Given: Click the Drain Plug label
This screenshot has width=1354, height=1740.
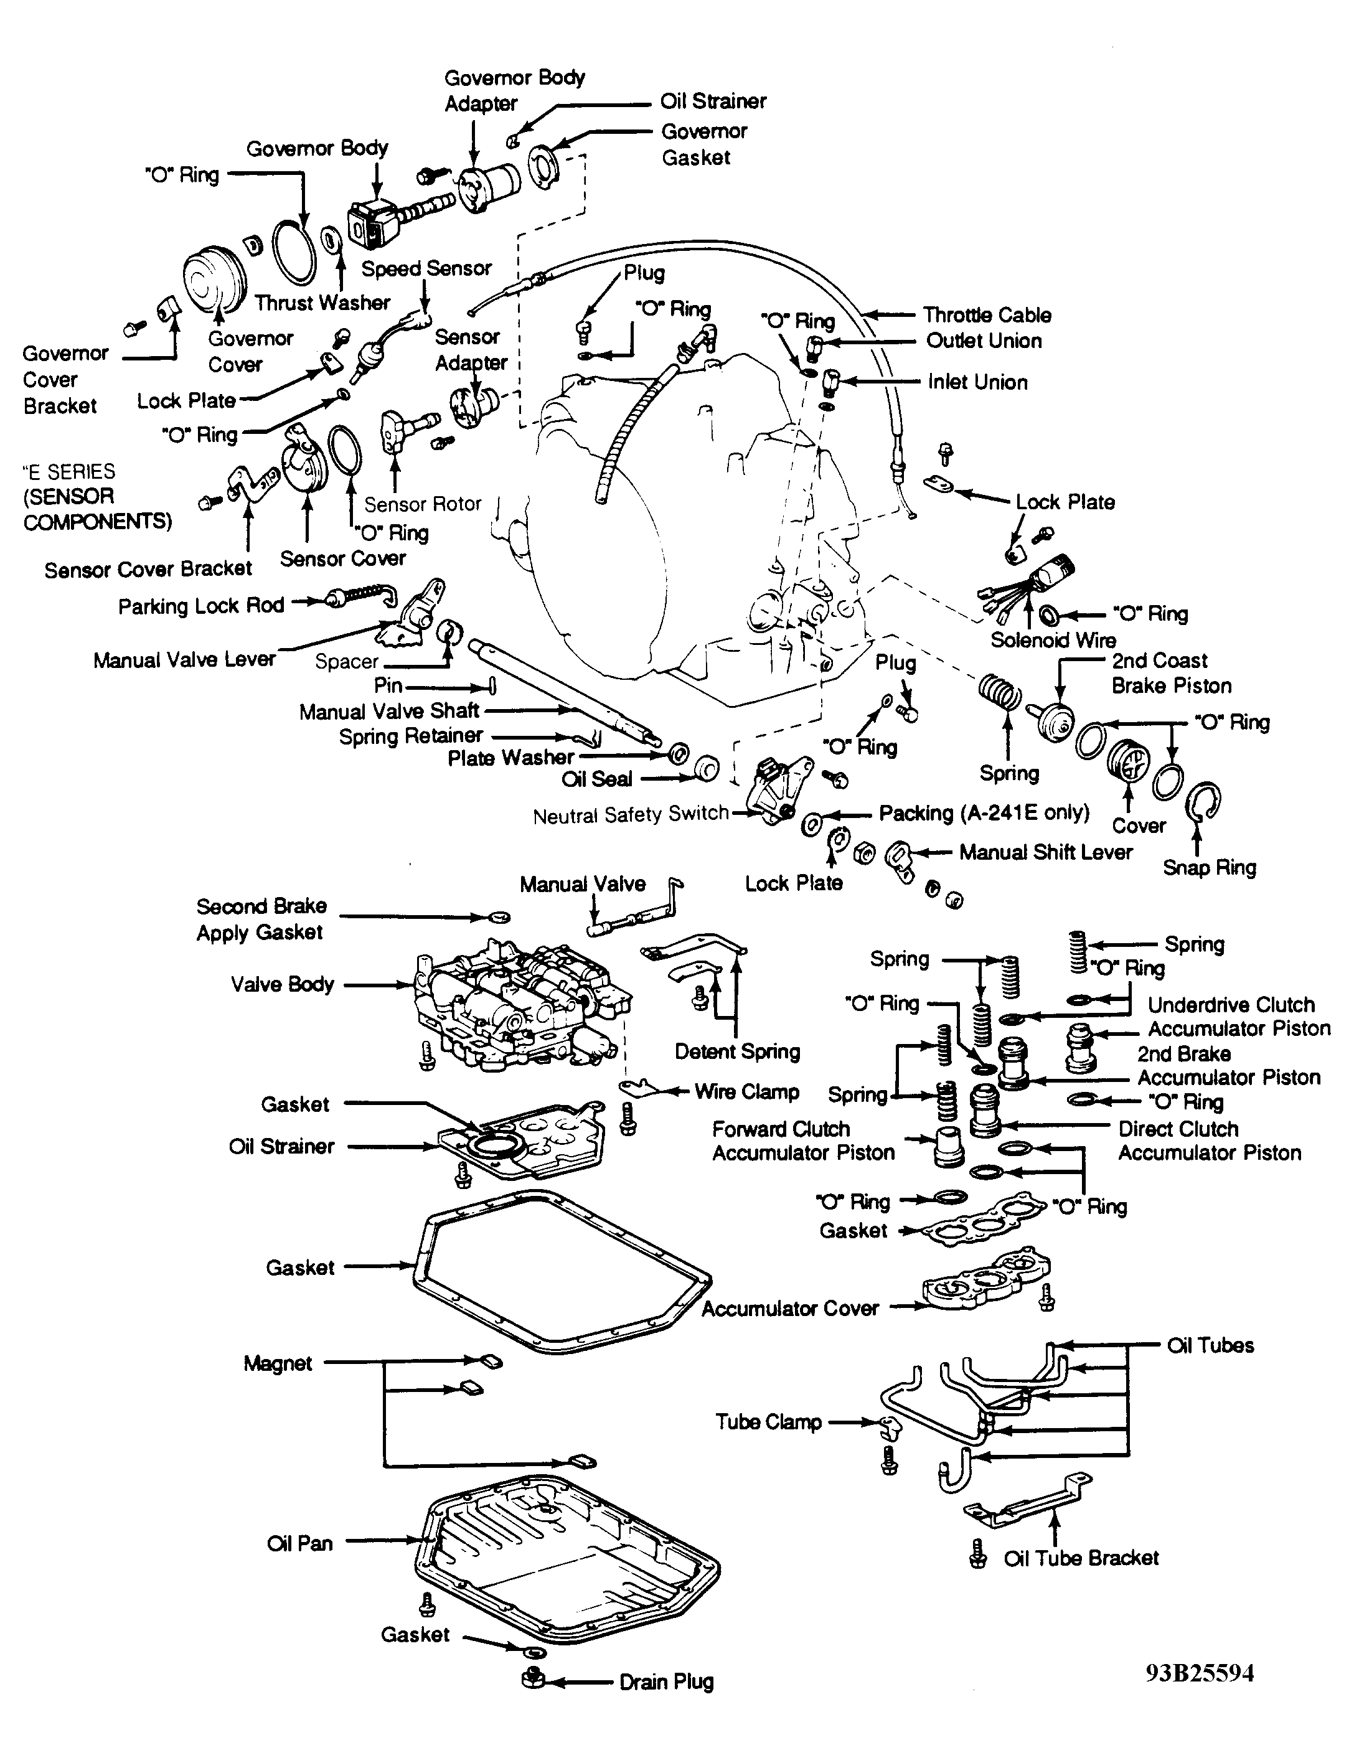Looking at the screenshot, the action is [666, 1682].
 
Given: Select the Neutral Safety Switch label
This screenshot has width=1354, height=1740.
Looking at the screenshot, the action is [631, 814].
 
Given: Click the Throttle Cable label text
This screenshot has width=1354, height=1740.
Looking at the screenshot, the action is [987, 315].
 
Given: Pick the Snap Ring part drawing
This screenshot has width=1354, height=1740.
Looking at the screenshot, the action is [1203, 803].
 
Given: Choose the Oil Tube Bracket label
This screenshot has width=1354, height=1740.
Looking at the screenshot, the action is [1081, 1558].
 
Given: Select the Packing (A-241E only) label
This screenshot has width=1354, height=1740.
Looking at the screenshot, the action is [984, 812].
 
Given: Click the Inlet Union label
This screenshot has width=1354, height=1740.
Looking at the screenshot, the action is [977, 382].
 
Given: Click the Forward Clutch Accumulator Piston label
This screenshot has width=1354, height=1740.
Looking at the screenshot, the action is [803, 1141].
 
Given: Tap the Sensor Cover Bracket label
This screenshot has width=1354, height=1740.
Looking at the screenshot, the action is [148, 570].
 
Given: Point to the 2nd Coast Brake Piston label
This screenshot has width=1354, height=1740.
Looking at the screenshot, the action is [1171, 673].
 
